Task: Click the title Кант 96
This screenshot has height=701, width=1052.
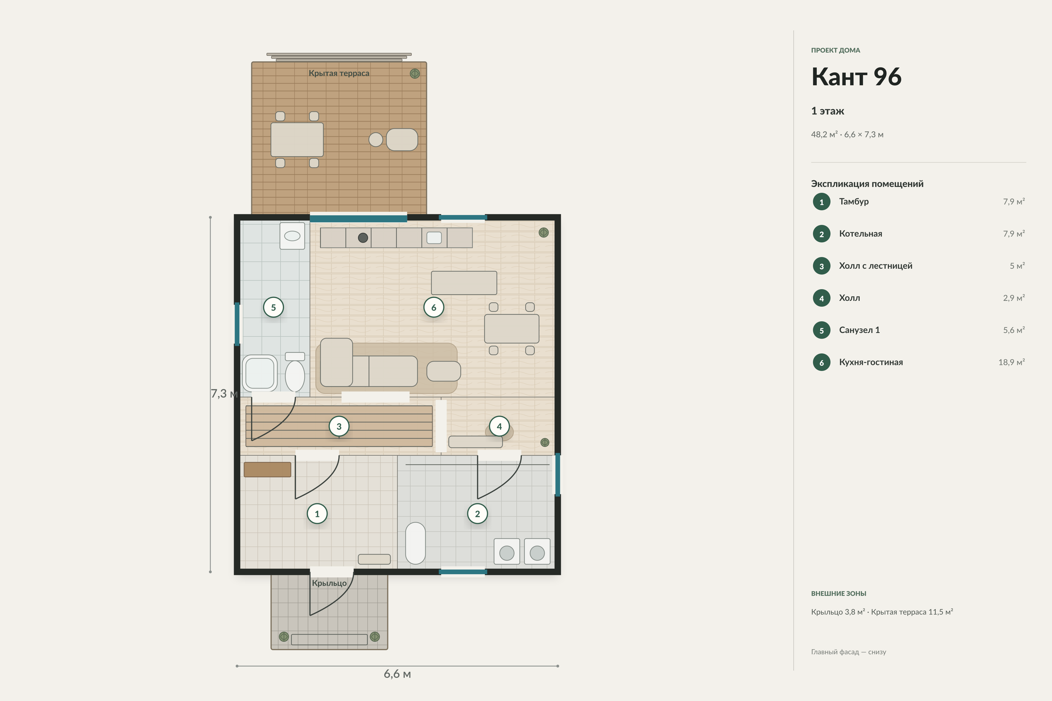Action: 856,77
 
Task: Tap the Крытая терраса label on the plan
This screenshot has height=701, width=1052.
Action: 339,73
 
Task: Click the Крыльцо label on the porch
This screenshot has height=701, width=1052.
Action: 329,583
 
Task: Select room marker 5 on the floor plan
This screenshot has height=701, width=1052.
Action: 273,307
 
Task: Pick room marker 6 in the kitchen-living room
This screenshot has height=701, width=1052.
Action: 433,307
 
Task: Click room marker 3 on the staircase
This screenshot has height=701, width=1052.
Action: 339,426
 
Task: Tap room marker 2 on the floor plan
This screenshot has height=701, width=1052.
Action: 477,514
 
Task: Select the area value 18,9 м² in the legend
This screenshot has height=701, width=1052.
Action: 1011,362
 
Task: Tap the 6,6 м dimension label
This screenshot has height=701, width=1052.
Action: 397,674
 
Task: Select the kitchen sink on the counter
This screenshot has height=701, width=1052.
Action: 434,237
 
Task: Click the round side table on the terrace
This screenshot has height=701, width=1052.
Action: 376,140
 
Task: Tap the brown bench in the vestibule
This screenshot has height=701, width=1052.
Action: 267,469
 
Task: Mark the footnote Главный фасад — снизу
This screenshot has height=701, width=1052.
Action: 849,652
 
